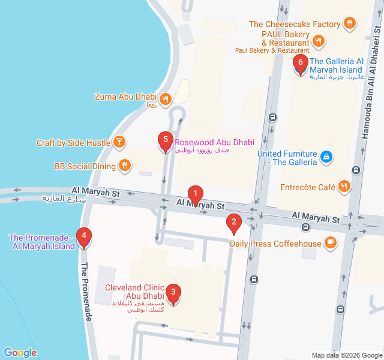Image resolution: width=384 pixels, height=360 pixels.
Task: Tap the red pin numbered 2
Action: (x=233, y=223)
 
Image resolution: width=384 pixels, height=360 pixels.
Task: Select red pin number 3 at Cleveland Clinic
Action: (x=173, y=294)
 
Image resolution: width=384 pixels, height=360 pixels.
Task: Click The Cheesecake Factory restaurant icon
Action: (x=350, y=24)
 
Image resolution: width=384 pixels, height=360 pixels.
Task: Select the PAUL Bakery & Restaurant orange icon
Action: (x=319, y=41)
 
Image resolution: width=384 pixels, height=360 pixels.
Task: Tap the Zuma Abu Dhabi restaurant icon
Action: (x=166, y=97)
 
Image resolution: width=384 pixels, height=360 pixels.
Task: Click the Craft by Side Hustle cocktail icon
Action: (x=119, y=142)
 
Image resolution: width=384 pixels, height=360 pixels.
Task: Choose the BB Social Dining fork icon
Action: (x=124, y=166)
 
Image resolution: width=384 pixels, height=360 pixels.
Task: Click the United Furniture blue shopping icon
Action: (x=326, y=157)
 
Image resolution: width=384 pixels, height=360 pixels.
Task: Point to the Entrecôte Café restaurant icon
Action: (x=344, y=187)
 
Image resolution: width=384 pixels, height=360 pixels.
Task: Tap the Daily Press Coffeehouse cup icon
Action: (x=330, y=243)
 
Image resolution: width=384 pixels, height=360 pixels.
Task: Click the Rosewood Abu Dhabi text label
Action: (x=214, y=143)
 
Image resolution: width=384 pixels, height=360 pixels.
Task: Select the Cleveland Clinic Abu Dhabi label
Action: (x=134, y=292)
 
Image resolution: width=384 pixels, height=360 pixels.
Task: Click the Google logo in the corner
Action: (x=20, y=353)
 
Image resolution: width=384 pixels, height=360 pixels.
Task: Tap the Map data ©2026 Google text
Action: (x=346, y=355)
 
